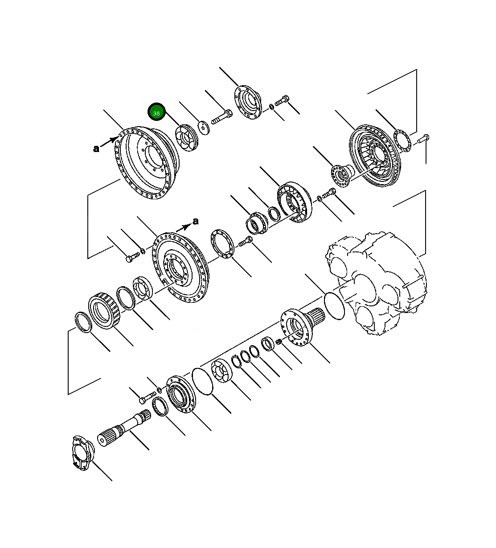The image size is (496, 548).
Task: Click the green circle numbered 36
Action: tap(156, 113)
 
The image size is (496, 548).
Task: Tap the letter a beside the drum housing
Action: tap(96, 149)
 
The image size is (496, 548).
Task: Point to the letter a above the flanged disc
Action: tap(196, 221)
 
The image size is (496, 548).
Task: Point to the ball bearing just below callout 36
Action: tap(186, 139)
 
